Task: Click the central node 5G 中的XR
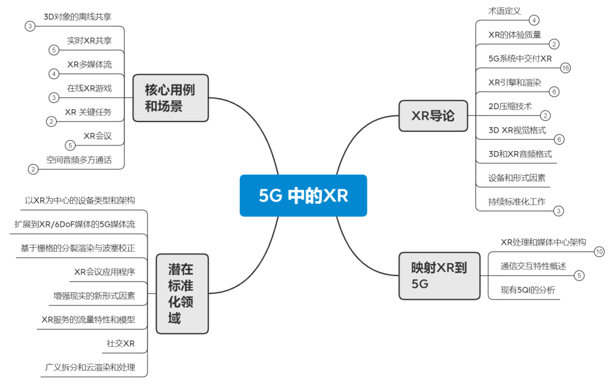[303, 196]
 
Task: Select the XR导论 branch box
[433, 116]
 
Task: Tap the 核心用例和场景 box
[170, 98]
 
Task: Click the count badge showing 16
[565, 68]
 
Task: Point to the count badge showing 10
[599, 252]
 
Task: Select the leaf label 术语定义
[505, 11]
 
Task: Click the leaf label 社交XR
[121, 344]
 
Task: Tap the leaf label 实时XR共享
[89, 40]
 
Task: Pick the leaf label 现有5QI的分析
[528, 290]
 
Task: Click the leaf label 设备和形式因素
[517, 178]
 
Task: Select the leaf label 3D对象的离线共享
[78, 16]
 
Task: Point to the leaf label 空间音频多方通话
[79, 160]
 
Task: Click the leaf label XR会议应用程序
[105, 272]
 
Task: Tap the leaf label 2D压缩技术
[510, 106]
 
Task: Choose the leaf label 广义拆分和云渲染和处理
[91, 368]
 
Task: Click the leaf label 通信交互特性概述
[533, 266]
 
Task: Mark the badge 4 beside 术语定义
[534, 20]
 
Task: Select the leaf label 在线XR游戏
[89, 88]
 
